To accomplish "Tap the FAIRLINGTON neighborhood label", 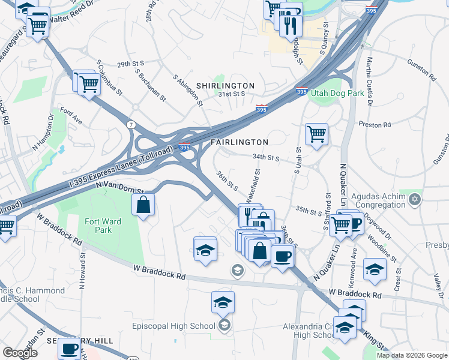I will coord(239,142).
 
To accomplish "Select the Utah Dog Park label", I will coord(338,94).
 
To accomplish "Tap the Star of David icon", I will coord(414,199).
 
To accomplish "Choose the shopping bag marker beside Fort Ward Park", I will coord(144,206).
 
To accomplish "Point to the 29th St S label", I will coord(131,64).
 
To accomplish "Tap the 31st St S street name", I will coord(232,94).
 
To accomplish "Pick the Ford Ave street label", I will coord(70,116).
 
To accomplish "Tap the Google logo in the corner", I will coord(20,353).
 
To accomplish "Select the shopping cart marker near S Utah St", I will coord(316,134).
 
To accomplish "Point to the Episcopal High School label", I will coord(173,326).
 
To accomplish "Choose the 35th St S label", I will coord(309,211).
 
